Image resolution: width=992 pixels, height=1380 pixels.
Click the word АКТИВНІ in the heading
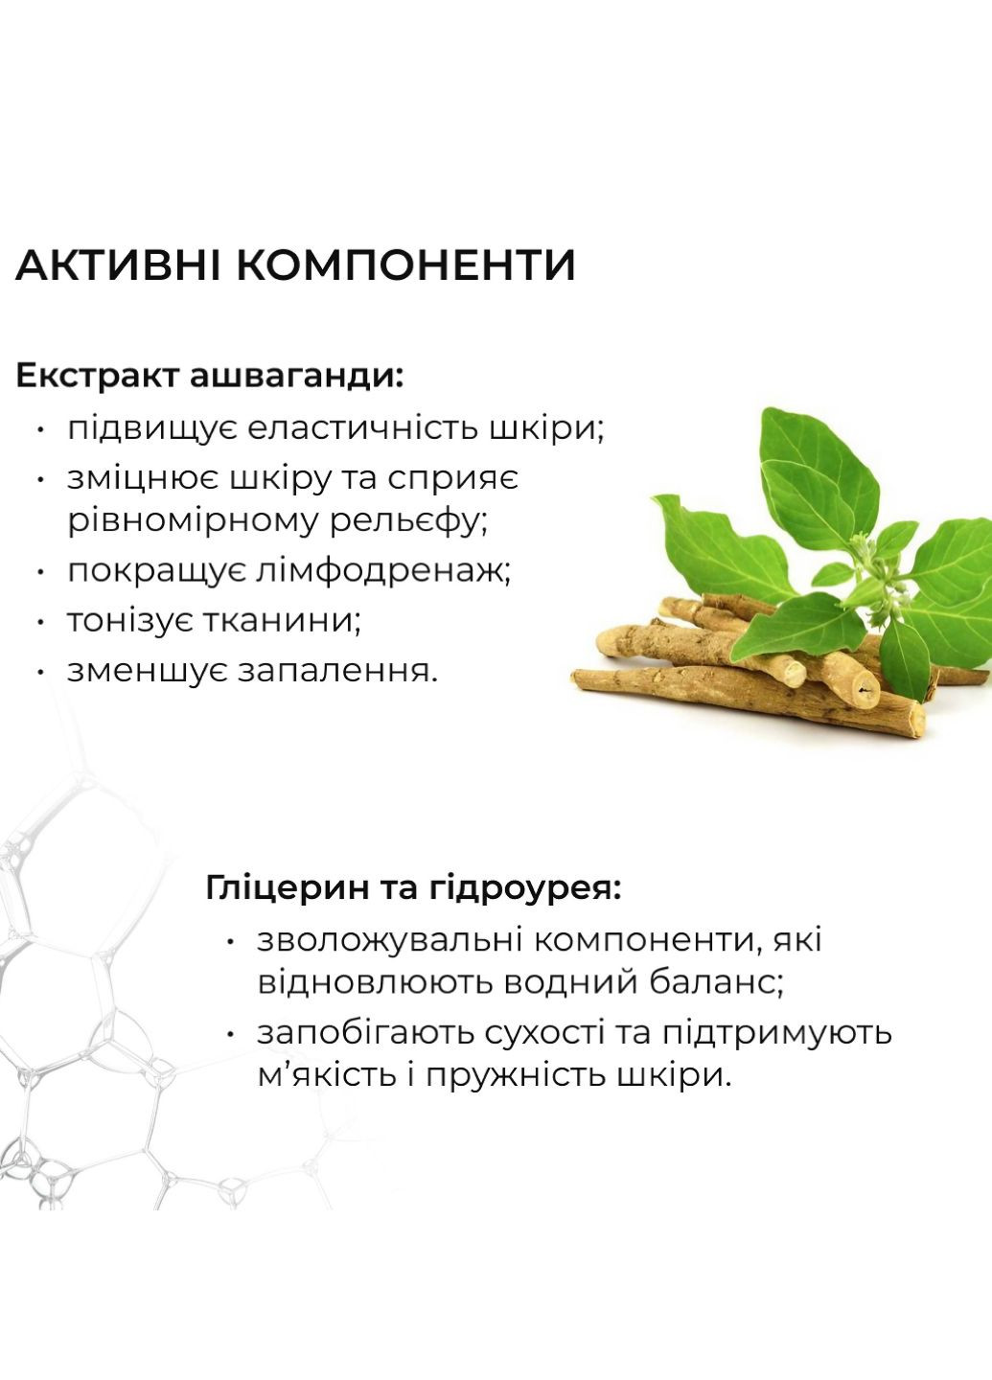(x=119, y=265)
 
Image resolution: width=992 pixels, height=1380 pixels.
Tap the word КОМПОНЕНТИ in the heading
(x=406, y=265)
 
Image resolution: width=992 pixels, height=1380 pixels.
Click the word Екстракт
(x=97, y=376)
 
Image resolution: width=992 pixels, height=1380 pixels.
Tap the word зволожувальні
(x=389, y=940)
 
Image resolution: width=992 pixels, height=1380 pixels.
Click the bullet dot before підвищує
(x=40, y=429)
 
